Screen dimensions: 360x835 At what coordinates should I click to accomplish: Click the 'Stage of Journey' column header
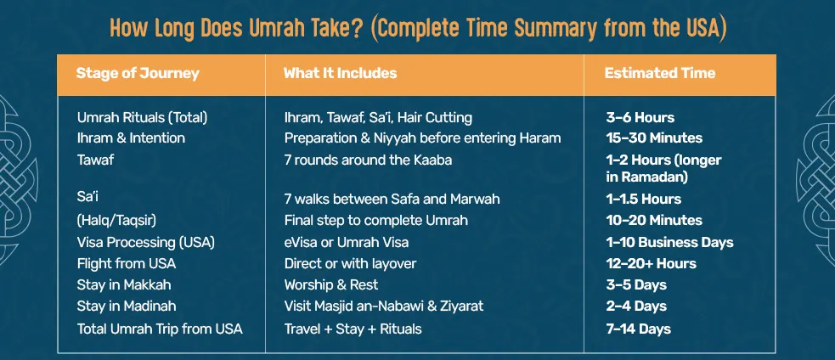pyautogui.click(x=138, y=73)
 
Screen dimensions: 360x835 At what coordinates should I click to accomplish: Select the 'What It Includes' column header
pyautogui.click(x=340, y=73)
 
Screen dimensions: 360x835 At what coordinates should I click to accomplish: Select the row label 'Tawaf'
pyautogui.click(x=96, y=159)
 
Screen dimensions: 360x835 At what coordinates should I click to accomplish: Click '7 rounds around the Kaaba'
pyautogui.click(x=368, y=159)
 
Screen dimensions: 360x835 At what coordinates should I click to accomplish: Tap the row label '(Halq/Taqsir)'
pyautogui.click(x=111, y=220)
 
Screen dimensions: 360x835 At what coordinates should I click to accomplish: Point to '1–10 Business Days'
pyautogui.click(x=669, y=242)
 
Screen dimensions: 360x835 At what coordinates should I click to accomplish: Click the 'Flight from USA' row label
pyautogui.click(x=127, y=263)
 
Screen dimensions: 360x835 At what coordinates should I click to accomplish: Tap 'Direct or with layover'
pyautogui.click(x=350, y=263)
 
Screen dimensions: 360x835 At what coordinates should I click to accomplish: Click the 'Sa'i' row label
pyautogui.click(x=87, y=196)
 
